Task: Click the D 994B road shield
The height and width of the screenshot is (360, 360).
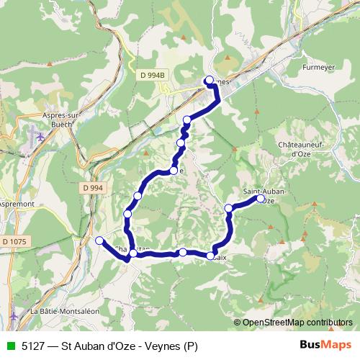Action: (x=153, y=74)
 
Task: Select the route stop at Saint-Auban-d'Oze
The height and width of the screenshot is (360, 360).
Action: (x=261, y=199)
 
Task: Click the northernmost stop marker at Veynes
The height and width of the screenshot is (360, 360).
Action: (x=210, y=80)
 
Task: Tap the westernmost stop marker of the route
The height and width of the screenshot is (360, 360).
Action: (x=99, y=240)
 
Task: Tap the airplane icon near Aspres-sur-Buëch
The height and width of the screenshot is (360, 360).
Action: (x=40, y=134)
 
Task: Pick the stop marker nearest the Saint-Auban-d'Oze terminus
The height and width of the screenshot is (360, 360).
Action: (x=229, y=209)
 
